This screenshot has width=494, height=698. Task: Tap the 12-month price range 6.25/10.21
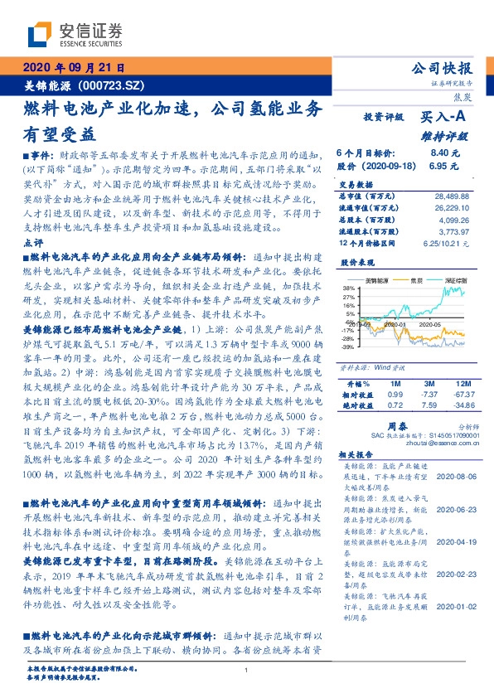point(447,245)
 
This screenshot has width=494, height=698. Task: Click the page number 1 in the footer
point(247,670)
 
